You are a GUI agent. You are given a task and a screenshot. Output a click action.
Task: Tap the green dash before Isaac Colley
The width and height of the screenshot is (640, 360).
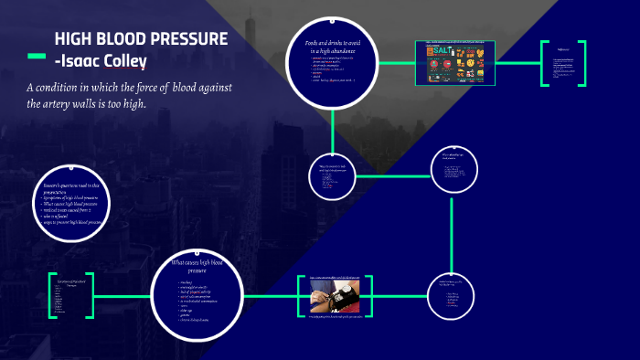[37, 58]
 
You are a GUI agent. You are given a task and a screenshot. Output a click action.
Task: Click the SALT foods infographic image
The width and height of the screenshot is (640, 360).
[454, 63]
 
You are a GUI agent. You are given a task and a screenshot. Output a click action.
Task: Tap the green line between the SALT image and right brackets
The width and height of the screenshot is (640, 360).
[517, 63]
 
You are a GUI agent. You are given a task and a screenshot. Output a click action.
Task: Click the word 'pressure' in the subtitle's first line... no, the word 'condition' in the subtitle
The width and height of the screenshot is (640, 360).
[69, 87]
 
